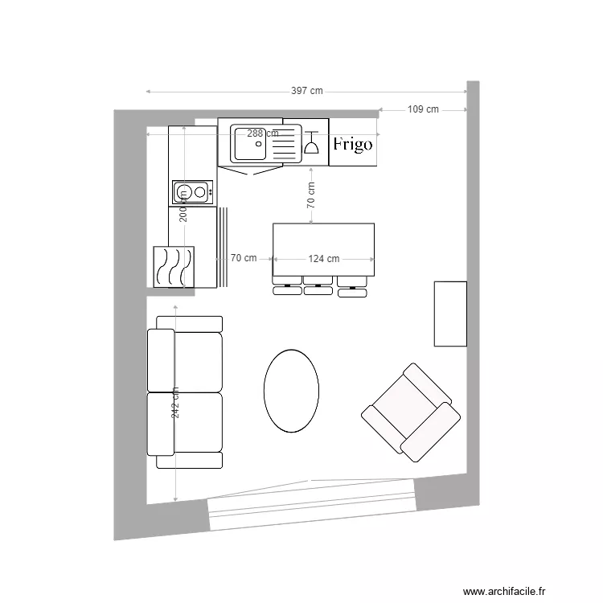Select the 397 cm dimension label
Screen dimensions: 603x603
pos(306,91)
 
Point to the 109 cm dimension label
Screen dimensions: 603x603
pos(423,109)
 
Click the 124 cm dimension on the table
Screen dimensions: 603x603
pos(323,259)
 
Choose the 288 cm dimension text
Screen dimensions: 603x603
pos(263,133)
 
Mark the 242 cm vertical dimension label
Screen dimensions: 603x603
pos(174,402)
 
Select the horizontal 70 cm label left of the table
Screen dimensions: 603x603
pos(243,258)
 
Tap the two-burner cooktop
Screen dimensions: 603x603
pos(191,191)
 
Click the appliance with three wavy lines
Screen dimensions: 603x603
pos(174,266)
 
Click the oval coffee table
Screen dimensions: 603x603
pos(291,390)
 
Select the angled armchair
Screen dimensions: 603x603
pos(411,412)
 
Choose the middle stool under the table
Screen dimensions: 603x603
pos(318,286)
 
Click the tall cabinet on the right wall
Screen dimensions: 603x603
pos(450,314)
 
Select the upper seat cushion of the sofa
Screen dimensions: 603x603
pos(197,361)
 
